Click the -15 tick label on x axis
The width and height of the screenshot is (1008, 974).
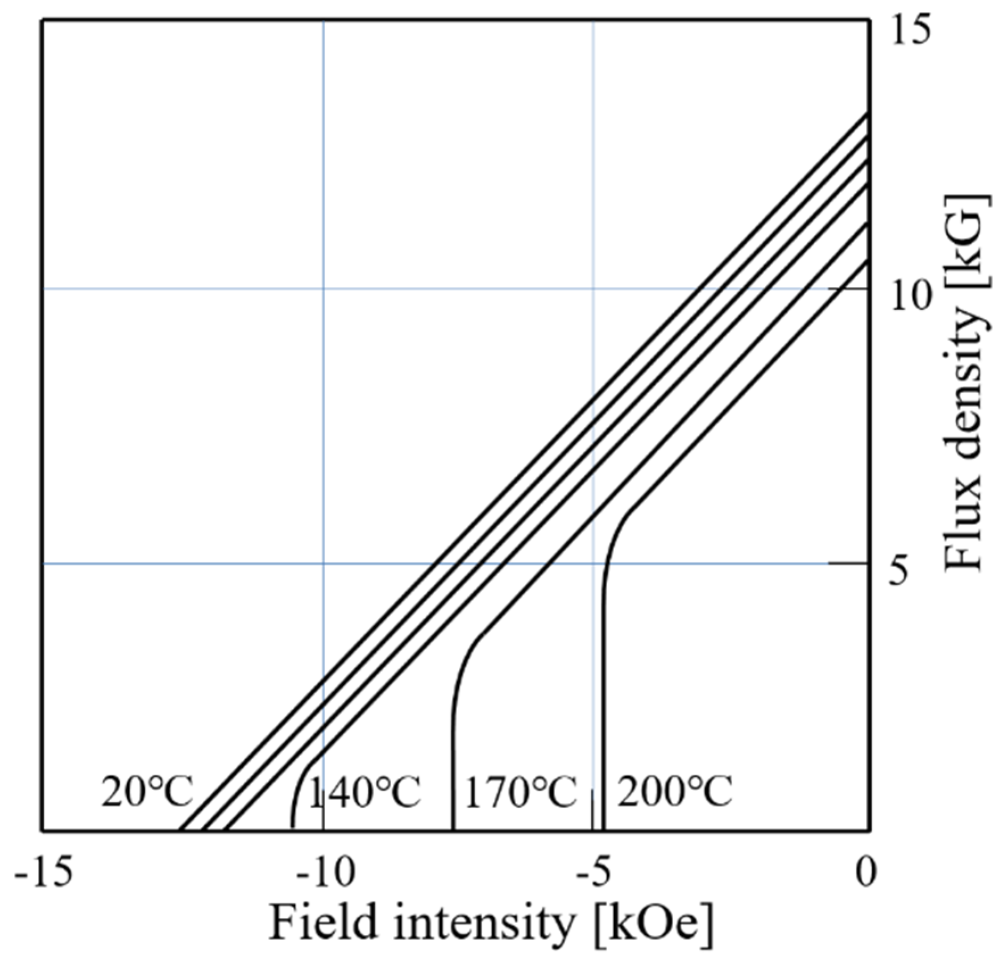click(44, 872)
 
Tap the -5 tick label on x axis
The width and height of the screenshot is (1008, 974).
click(594, 872)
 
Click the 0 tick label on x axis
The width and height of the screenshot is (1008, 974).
click(866, 872)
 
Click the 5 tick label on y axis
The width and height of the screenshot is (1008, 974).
click(899, 571)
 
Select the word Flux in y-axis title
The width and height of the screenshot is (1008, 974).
click(963, 534)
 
